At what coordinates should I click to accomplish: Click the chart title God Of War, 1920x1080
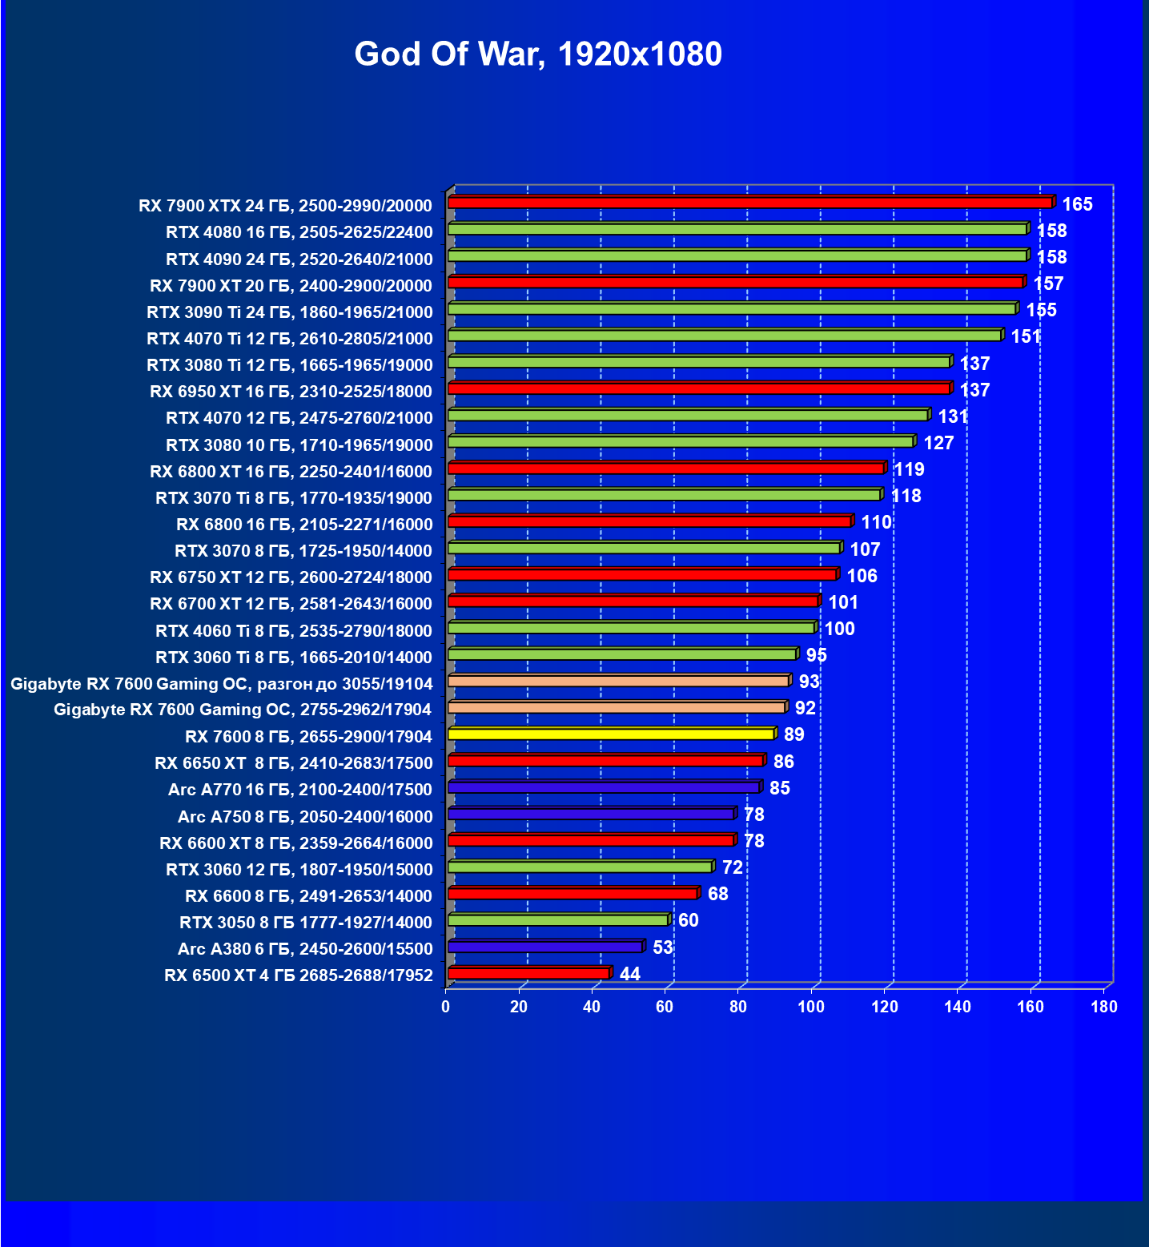pyautogui.click(x=538, y=54)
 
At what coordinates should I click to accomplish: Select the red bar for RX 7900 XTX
pyautogui.click(x=749, y=203)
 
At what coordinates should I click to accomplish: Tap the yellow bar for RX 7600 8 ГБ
pyautogui.click(x=611, y=734)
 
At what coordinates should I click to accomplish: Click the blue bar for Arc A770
pyautogui.click(x=603, y=787)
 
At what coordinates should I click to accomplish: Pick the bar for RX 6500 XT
pyautogui.click(x=528, y=973)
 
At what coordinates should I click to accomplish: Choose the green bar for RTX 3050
pyautogui.click(x=557, y=920)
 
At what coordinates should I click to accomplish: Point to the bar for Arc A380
pyautogui.click(x=544, y=947)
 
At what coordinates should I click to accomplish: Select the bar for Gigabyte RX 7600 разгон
pyautogui.click(x=618, y=681)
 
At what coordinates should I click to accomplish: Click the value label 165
pyautogui.click(x=1077, y=204)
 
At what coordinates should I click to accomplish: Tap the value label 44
pyautogui.click(x=630, y=974)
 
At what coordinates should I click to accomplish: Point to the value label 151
pyautogui.click(x=1026, y=336)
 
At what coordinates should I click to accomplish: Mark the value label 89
pyautogui.click(x=793, y=734)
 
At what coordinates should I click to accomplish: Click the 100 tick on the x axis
pyautogui.click(x=811, y=1007)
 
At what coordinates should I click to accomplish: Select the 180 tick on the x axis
pyautogui.click(x=1104, y=1007)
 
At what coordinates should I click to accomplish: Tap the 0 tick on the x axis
pyautogui.click(x=446, y=1007)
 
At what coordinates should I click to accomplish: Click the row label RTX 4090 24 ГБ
pyautogui.click(x=299, y=259)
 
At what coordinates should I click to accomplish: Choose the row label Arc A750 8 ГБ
pyautogui.click(x=304, y=816)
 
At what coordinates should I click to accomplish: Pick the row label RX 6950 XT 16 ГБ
pyautogui.click(x=291, y=391)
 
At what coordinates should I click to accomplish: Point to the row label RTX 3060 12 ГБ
pyautogui.click(x=299, y=869)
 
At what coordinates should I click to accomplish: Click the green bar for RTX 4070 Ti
pyautogui.click(x=725, y=336)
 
